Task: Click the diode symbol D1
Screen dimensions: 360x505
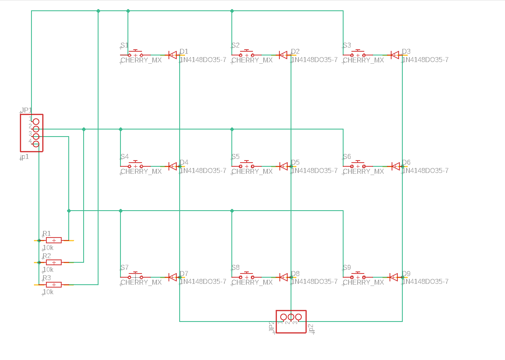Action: (x=172, y=55)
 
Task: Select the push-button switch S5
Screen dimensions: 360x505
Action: (x=247, y=166)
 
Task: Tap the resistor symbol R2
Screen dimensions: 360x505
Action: (x=54, y=262)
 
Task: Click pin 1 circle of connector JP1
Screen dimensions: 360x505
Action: (x=36, y=121)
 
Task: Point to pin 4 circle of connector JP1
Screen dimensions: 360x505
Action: (x=36, y=144)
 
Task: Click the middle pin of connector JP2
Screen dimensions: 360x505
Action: (x=291, y=317)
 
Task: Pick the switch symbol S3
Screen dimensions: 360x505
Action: (x=358, y=54)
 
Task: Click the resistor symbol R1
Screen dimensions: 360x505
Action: (x=54, y=240)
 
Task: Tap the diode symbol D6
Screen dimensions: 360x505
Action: (x=395, y=166)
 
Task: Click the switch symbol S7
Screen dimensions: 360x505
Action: (x=135, y=276)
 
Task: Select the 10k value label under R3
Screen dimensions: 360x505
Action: (x=48, y=292)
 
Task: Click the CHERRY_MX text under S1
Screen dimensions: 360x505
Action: (x=141, y=60)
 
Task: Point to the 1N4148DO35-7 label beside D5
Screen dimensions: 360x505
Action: (x=314, y=170)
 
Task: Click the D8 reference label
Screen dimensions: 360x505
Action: (x=295, y=274)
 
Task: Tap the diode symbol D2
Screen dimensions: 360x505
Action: (x=283, y=55)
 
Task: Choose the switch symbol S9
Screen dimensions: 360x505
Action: (x=358, y=276)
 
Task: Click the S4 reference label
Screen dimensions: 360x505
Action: (x=125, y=157)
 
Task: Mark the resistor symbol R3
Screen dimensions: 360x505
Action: (x=54, y=285)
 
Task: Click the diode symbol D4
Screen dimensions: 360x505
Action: (x=172, y=166)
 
